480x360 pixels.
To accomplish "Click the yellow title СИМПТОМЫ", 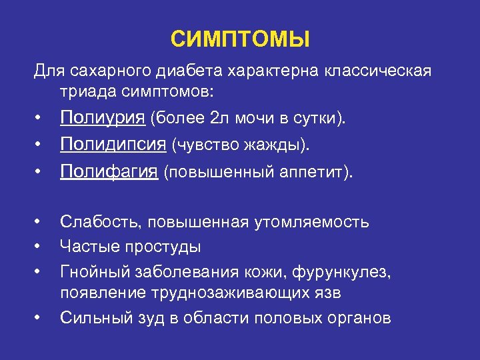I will click(240, 39).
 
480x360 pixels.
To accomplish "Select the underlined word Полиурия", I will click(103, 119).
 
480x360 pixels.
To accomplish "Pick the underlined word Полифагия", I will click(109, 172).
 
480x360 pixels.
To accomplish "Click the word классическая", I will click(376, 71).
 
